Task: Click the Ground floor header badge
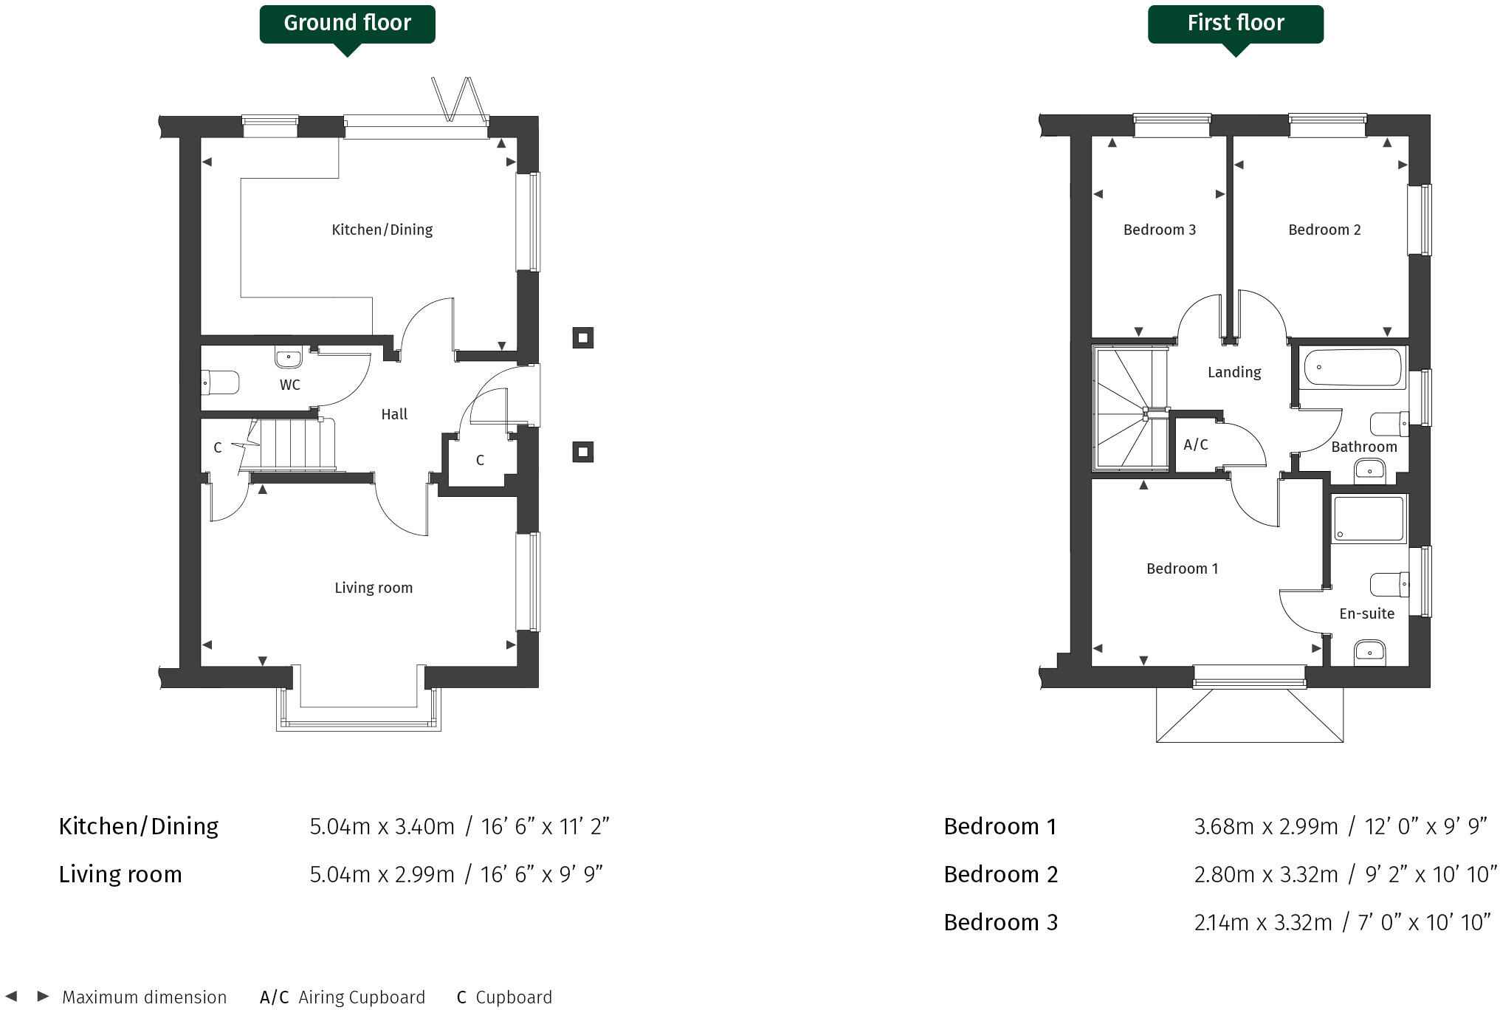coord(347,24)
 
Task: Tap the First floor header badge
coord(1235,24)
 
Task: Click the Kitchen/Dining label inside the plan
coord(382,230)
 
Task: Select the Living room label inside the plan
coord(373,588)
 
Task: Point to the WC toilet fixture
coord(221,383)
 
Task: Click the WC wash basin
coord(288,358)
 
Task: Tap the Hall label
coord(394,414)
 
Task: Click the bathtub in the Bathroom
coord(1352,368)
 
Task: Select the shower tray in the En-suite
coord(1369,518)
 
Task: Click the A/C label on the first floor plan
coord(1195,444)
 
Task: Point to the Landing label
coord(1234,372)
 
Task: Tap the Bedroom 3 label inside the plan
coord(1159,230)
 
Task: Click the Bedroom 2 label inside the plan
coord(1324,230)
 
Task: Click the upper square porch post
coord(582,338)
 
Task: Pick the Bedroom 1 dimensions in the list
coord(1340,826)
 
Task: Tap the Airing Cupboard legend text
coord(361,997)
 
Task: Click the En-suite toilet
coord(1389,585)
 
